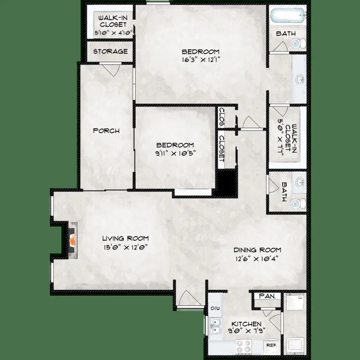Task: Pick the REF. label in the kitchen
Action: click(271, 345)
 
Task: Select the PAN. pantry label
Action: click(267, 297)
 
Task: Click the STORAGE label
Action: click(110, 51)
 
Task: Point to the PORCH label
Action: click(106, 131)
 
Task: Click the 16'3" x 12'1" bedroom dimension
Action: click(201, 60)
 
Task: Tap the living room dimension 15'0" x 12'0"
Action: click(124, 247)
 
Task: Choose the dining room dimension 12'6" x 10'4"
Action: click(257, 258)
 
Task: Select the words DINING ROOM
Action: click(257, 250)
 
